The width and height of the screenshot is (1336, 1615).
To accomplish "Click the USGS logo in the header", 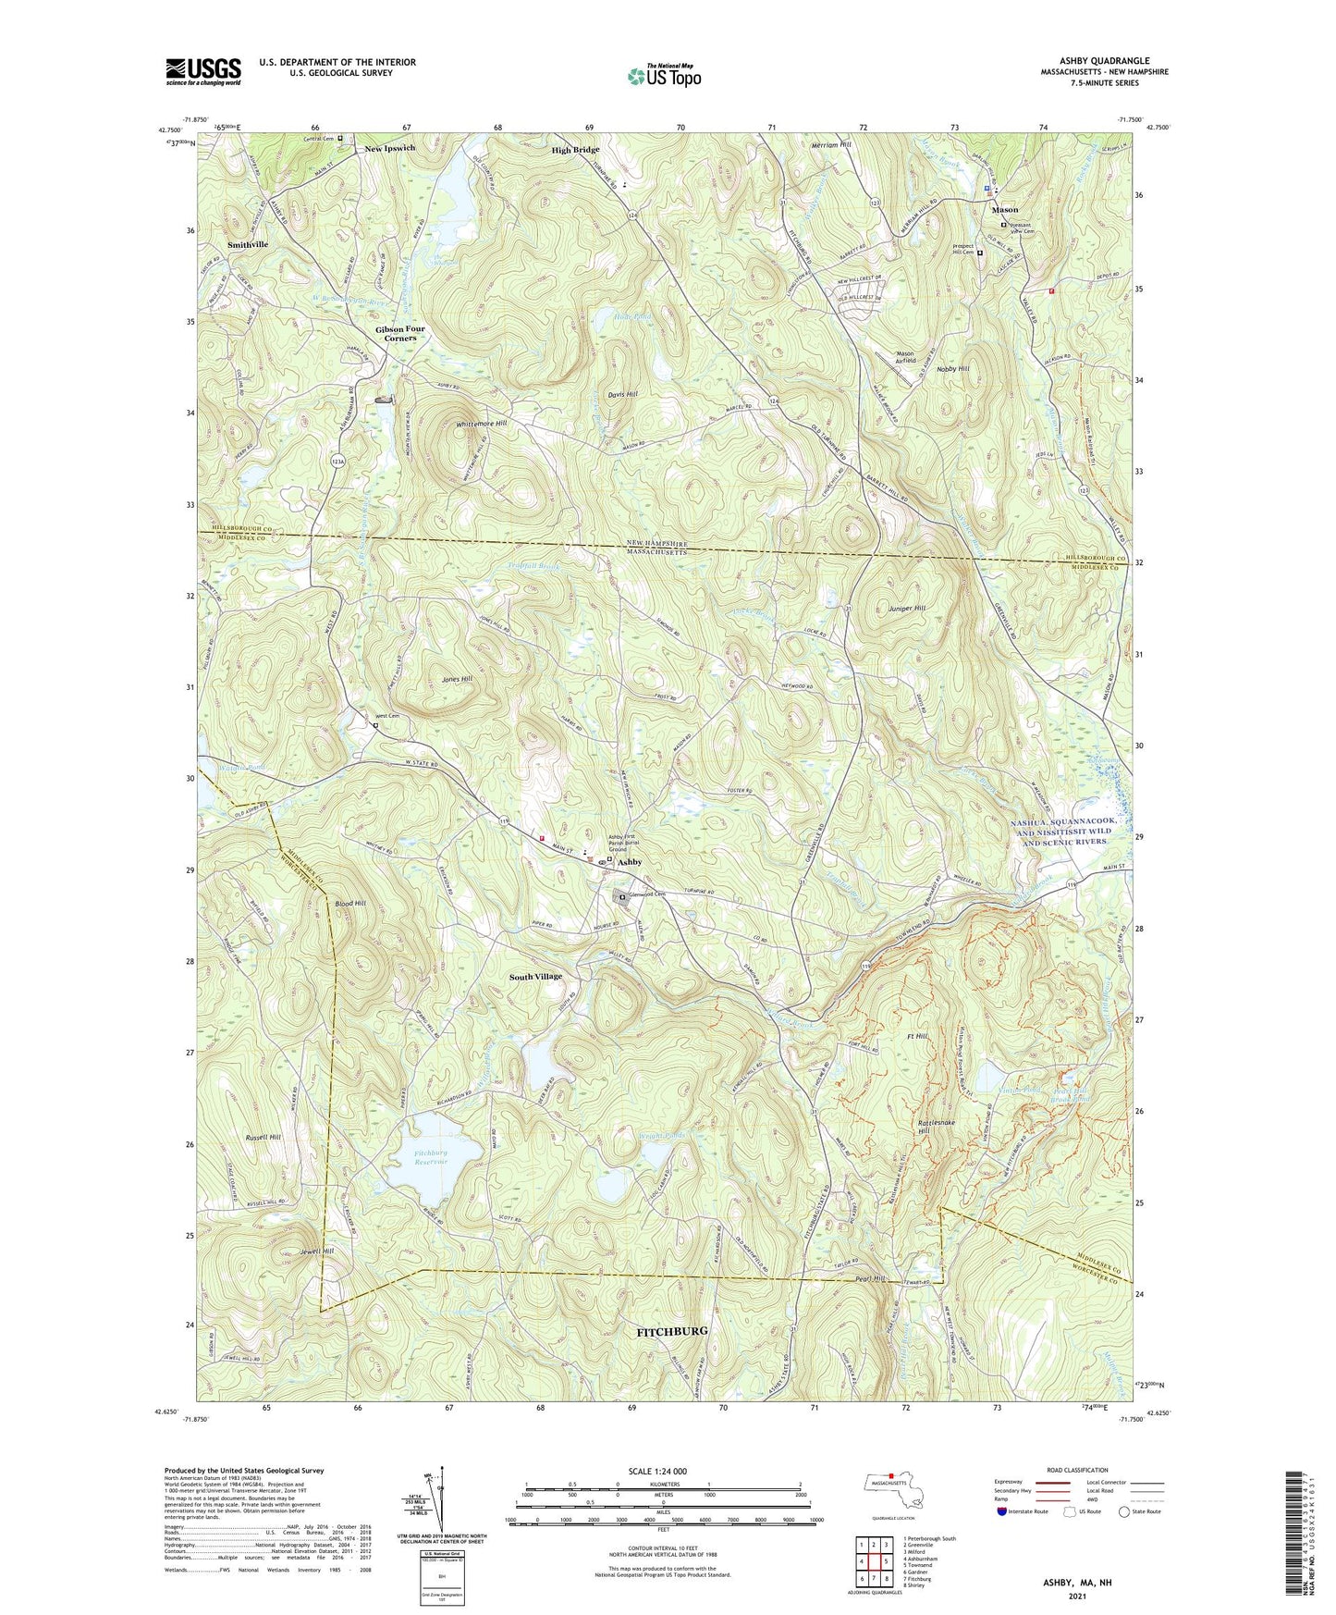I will tap(203, 71).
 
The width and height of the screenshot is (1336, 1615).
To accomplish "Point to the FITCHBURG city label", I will tap(672, 1331).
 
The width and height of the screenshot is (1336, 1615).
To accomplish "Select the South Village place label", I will tap(535, 977).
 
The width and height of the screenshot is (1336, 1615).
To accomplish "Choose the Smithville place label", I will tap(248, 245).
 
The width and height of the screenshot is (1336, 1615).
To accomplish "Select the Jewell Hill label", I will tap(316, 1251).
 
